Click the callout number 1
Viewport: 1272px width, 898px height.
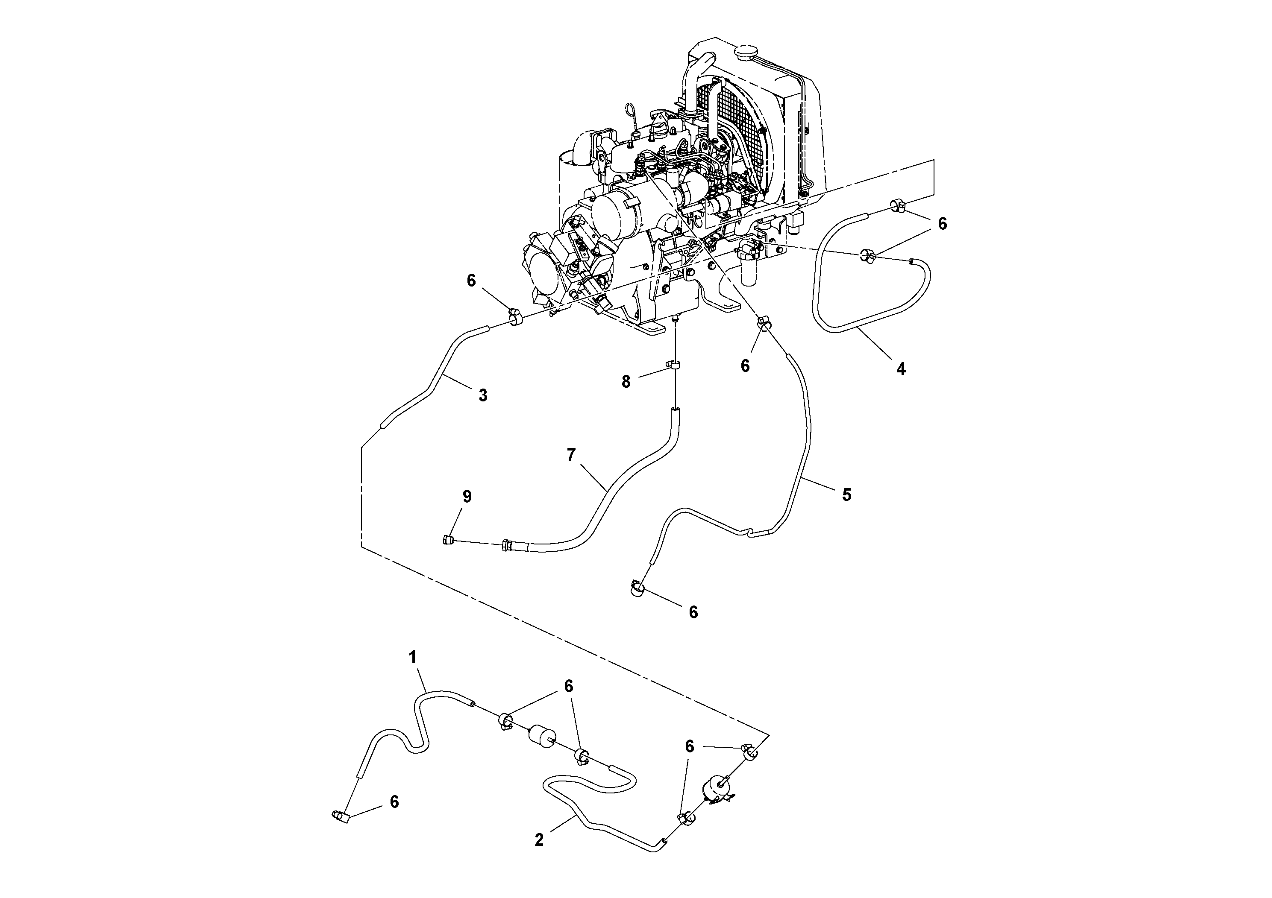[412, 657]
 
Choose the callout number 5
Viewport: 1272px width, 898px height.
[846, 494]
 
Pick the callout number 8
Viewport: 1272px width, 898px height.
[626, 381]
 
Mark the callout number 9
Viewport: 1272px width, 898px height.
[467, 497]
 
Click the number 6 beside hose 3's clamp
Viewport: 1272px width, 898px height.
[471, 281]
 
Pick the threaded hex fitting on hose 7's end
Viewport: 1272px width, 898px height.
[506, 545]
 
